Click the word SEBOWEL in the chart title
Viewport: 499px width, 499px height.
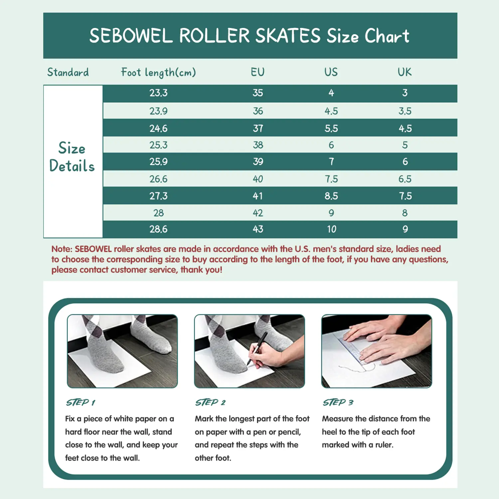click(131, 36)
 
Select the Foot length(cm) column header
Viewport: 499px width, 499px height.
click(158, 73)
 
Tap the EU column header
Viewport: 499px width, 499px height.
click(258, 72)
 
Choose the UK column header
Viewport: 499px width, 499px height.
click(405, 72)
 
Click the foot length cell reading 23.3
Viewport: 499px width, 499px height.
click(158, 93)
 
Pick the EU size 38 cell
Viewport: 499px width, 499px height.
click(258, 145)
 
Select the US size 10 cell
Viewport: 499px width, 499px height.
click(331, 229)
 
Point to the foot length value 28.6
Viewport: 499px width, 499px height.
click(158, 229)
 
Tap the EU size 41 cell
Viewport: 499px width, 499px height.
click(258, 196)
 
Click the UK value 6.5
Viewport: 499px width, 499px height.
click(405, 179)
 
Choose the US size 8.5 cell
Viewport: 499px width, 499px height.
click(331, 196)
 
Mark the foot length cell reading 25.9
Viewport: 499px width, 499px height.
click(158, 162)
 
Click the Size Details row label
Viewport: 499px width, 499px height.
click(72, 157)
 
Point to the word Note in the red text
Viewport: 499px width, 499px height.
click(61, 249)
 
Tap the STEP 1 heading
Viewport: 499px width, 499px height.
click(81, 403)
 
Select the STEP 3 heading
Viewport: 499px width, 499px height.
click(338, 403)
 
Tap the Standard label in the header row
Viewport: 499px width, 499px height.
click(68, 72)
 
